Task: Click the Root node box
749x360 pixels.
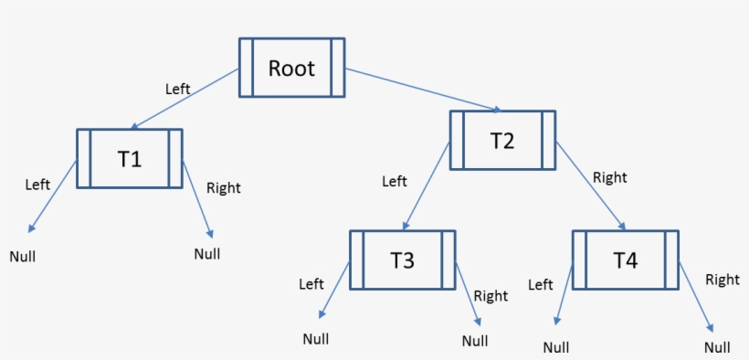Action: coord(291,68)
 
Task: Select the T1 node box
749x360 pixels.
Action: coord(129,158)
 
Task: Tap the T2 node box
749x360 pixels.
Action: coord(502,140)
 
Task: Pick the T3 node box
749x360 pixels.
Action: coord(402,259)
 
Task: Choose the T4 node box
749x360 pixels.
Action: coord(625,259)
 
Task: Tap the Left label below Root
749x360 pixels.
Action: coord(177,89)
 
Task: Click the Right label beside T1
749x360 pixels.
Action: coord(224,188)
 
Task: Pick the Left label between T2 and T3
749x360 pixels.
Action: coord(394,181)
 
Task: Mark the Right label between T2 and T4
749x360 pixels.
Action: coord(610,177)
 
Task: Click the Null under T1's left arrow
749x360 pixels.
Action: coord(23,256)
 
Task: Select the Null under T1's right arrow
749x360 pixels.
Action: coord(207,253)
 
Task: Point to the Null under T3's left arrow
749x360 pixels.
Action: coord(316,339)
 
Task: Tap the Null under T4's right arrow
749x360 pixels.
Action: coord(717,347)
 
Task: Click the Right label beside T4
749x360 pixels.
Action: coord(722,280)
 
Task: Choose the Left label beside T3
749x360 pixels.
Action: coord(311,284)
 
